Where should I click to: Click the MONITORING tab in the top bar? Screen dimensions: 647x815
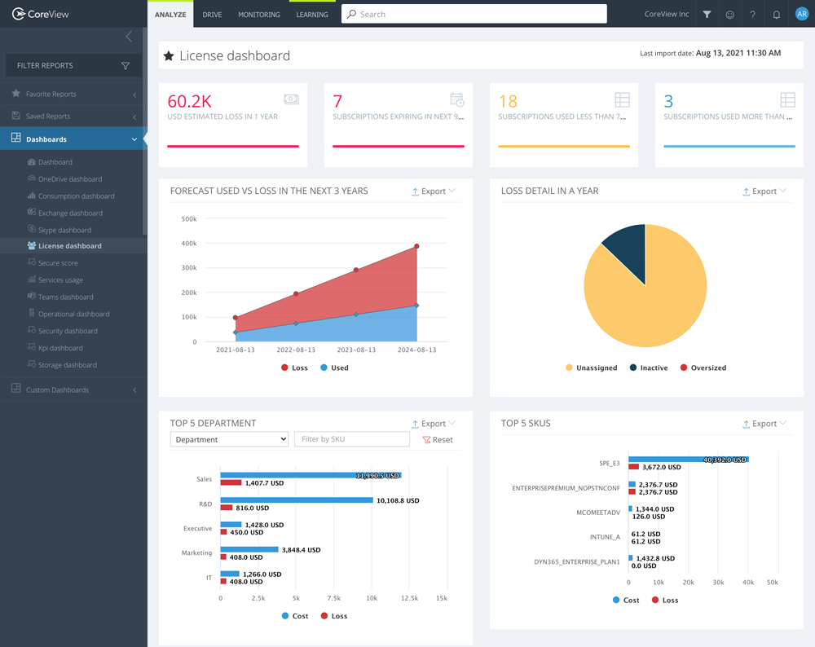(258, 15)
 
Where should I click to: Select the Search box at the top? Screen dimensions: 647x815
(474, 14)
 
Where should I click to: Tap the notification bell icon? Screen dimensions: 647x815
(776, 15)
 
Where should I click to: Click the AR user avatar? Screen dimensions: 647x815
(801, 14)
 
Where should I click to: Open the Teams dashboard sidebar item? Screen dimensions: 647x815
(65, 297)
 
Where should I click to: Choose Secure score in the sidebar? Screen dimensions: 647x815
(58, 263)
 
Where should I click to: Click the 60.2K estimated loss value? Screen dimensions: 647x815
(189, 101)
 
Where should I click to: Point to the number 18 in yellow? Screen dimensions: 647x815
(508, 101)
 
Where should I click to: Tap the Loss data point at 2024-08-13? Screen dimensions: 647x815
(416, 246)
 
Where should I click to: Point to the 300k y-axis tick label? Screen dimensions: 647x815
(188, 268)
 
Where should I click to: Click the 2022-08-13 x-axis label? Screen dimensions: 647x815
(296, 350)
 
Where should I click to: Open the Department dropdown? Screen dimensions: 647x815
(229, 439)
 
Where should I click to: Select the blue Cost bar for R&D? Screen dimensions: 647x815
(296, 500)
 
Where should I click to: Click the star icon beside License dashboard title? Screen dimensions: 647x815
(169, 56)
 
